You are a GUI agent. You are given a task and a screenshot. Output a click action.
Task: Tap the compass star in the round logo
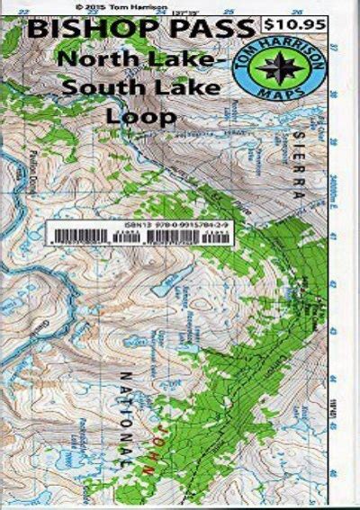306,70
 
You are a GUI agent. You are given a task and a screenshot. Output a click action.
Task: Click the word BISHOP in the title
89,30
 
